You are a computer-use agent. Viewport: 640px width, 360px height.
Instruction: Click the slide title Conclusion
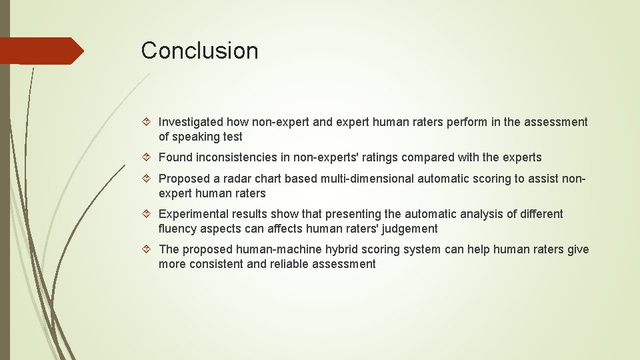(x=199, y=51)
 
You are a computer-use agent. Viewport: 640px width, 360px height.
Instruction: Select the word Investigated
(x=191, y=122)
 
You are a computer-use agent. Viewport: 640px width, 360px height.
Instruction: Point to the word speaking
(x=195, y=137)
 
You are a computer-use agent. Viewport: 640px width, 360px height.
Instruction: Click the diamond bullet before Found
(x=149, y=158)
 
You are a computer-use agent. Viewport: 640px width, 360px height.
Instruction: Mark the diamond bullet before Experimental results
(x=149, y=214)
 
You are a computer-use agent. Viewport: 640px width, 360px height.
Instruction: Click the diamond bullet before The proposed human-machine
(x=149, y=249)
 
